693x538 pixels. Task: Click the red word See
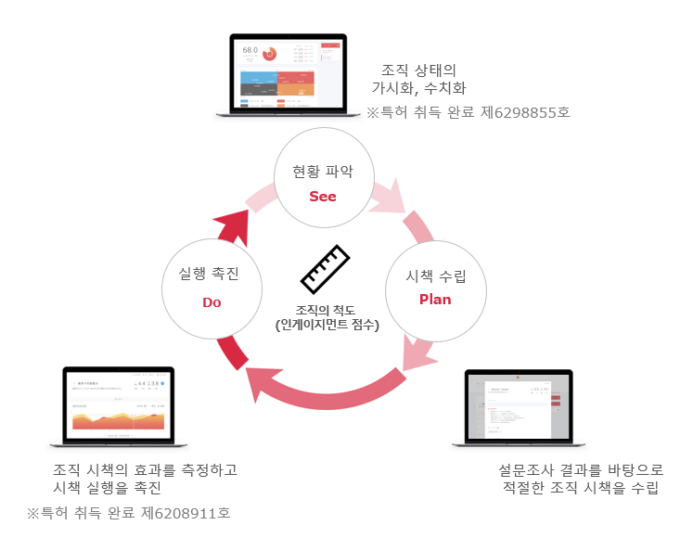(323, 197)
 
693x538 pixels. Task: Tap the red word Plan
(435, 300)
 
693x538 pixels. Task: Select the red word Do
(212, 302)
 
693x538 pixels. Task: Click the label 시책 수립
(436, 275)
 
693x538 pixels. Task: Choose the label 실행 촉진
(212, 275)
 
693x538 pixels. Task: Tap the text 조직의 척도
(327, 310)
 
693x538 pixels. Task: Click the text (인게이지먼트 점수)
(327, 325)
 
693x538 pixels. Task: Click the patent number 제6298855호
(532, 113)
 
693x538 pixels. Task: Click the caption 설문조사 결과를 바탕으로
(581, 469)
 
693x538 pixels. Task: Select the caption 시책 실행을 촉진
(108, 488)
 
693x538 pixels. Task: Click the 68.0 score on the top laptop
(250, 49)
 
